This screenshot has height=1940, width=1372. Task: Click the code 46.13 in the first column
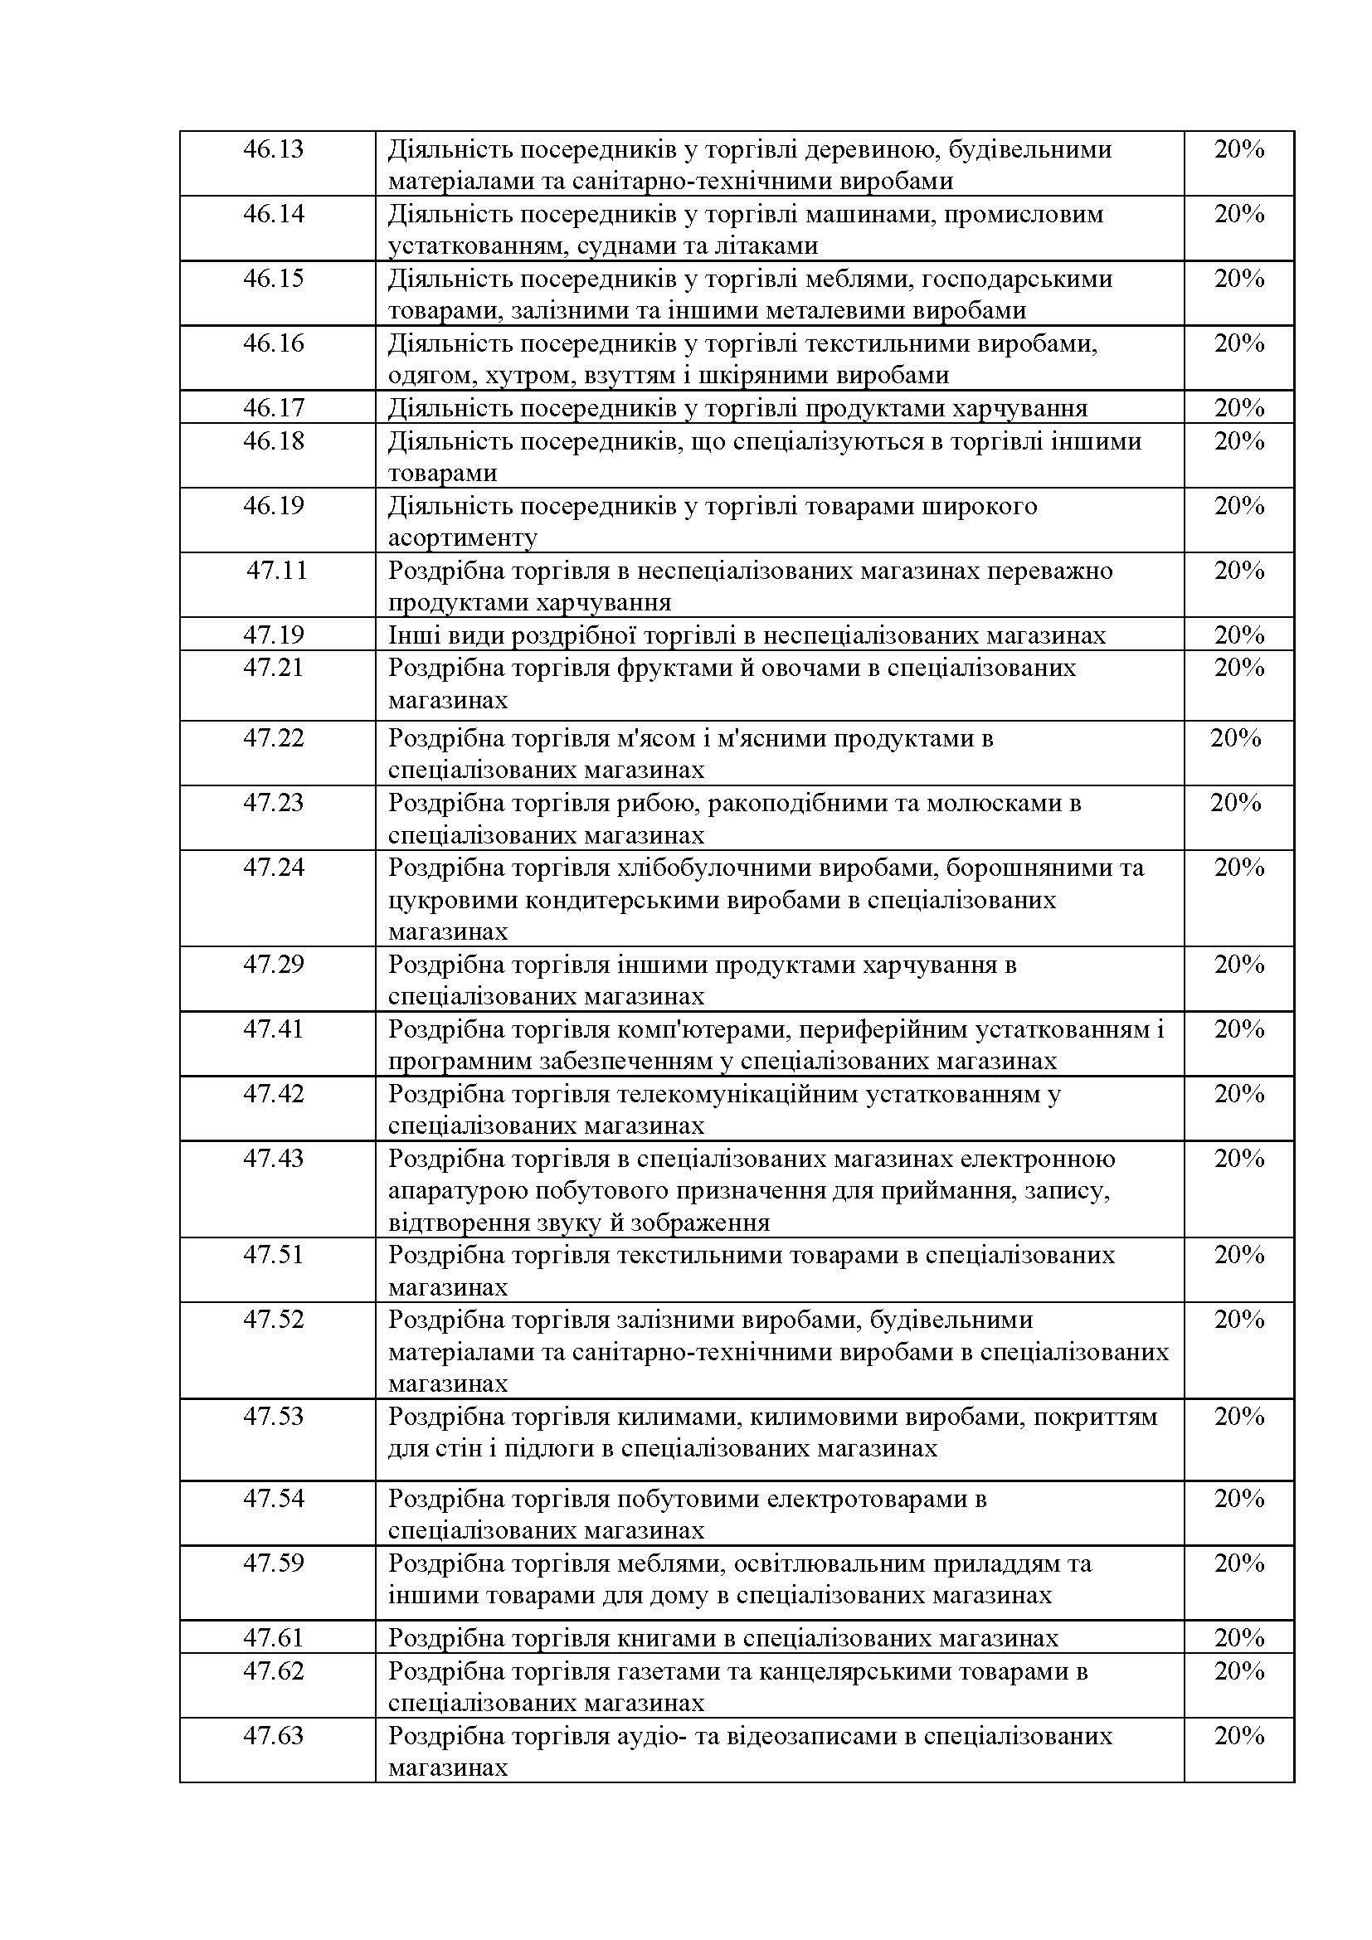tap(273, 149)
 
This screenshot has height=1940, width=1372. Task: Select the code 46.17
tap(273, 408)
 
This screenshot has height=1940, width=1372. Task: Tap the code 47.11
tap(276, 571)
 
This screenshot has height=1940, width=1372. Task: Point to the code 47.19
tap(273, 635)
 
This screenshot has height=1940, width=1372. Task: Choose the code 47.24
tap(273, 868)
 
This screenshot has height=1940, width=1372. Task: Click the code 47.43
tap(273, 1159)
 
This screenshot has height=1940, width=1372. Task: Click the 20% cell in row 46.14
tap(1238, 214)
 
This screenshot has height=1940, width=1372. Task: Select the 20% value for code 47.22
tap(1235, 737)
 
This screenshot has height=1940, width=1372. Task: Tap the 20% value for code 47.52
tap(1238, 1319)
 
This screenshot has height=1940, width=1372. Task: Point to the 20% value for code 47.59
tap(1238, 1563)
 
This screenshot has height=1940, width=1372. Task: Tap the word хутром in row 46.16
tap(507, 375)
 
